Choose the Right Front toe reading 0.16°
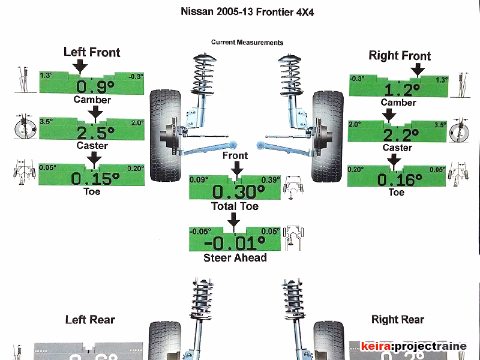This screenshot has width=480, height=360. (397, 179)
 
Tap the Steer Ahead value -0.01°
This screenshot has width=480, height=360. (235, 243)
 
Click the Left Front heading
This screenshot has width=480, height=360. (92, 52)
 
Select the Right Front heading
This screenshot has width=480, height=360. (400, 56)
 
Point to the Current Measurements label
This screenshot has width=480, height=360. (247, 43)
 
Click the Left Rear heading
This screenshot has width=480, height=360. (90, 320)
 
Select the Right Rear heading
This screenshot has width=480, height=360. (398, 320)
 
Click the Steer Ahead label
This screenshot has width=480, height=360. (235, 257)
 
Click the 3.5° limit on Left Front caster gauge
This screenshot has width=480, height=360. (46, 122)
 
